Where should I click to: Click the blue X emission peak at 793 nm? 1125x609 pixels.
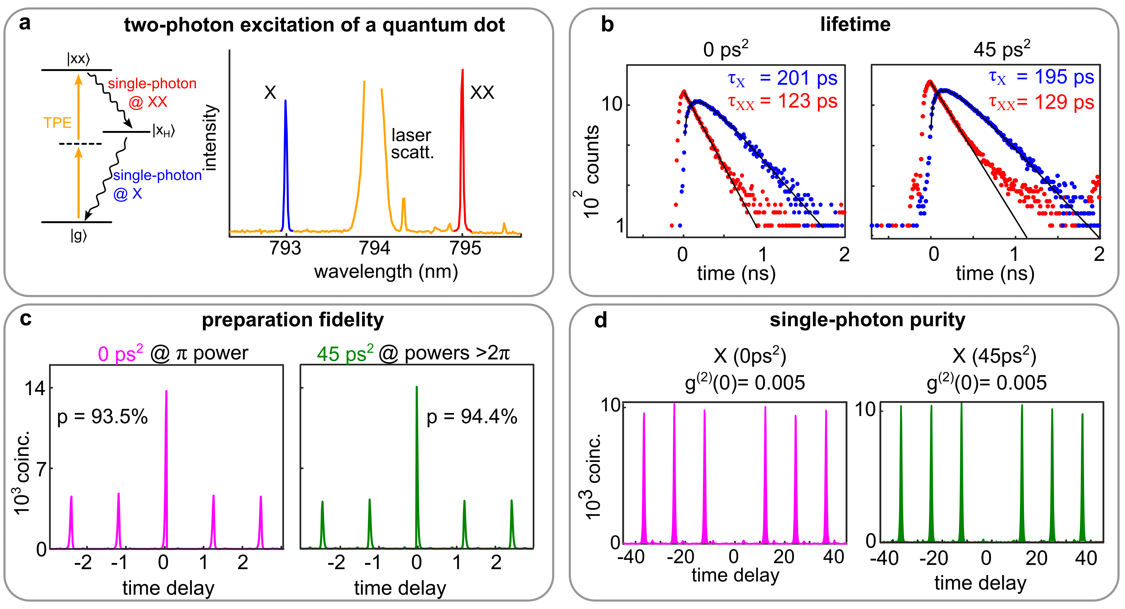286,166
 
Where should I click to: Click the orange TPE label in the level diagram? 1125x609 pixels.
57,123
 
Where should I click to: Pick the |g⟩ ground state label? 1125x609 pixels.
79,236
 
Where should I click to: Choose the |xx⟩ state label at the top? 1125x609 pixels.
78,58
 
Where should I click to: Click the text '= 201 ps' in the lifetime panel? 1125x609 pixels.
798,78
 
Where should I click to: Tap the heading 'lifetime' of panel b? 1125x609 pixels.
855,24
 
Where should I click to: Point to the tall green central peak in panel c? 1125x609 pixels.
417,467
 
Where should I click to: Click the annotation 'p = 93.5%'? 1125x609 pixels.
103,417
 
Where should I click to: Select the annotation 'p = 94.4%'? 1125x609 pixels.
472,417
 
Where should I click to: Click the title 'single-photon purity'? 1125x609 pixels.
867,320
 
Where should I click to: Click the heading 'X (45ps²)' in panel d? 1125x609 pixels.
994,356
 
